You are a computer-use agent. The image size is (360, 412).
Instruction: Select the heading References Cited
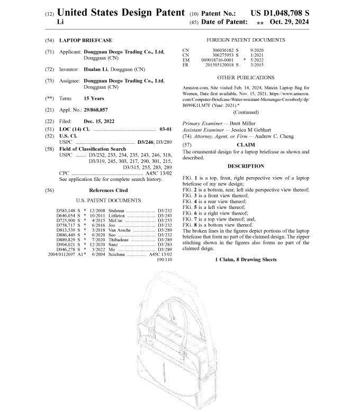pyautogui.click(x=108, y=190)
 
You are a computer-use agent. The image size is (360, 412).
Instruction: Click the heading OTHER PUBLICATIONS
pyautogui.click(x=246, y=78)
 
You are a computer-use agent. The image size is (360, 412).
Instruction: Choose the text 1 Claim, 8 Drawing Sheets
pyautogui.click(x=246, y=260)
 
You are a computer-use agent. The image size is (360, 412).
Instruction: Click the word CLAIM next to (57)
pyautogui.click(x=246, y=144)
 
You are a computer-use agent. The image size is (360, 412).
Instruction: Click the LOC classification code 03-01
pyautogui.click(x=165, y=129)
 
